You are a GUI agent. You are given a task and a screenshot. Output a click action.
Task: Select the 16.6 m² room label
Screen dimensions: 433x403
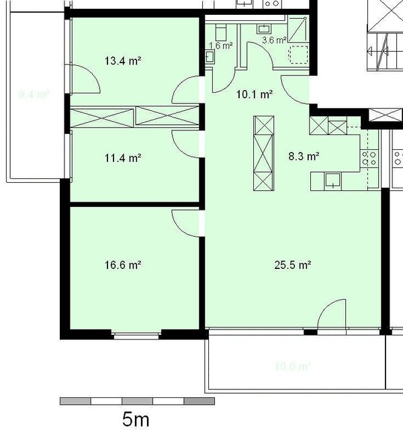coord(122,265)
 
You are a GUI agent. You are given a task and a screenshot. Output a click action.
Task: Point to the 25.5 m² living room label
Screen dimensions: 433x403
coord(292,265)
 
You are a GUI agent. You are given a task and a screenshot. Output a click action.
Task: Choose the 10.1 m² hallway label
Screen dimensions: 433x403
coord(254,95)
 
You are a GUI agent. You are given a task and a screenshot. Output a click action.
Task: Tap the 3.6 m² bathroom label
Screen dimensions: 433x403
coord(273,40)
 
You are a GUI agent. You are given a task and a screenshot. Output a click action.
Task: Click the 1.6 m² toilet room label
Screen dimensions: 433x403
coord(221,46)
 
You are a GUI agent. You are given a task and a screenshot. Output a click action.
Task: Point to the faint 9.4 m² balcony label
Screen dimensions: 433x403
coord(34,95)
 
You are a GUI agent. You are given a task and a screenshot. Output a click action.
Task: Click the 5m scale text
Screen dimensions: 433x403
coord(136,420)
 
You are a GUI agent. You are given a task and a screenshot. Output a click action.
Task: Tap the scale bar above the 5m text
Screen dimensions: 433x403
coord(137,401)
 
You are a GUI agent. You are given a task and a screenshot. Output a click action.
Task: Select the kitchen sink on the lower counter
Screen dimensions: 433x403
coord(332,180)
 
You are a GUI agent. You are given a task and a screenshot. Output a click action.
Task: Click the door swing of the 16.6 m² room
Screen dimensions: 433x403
coord(186,222)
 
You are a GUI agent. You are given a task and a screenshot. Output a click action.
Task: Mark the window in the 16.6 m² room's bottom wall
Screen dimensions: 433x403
coord(137,333)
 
